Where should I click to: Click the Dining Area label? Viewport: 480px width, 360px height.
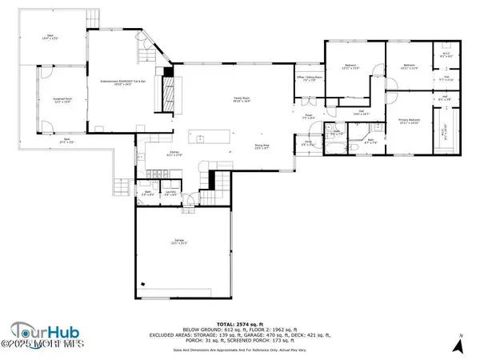[x=262, y=145]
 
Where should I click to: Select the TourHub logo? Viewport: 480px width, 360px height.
[x=40, y=330]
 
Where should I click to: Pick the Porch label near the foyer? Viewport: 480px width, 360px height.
[x=308, y=144]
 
